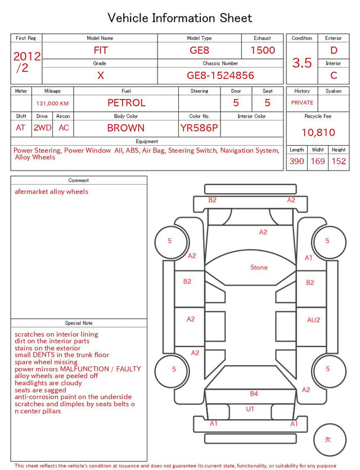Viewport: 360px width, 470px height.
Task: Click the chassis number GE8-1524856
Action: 220,75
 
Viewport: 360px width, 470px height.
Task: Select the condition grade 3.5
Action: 302,62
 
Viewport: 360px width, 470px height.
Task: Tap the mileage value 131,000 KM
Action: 52,104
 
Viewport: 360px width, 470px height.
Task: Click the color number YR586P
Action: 199,128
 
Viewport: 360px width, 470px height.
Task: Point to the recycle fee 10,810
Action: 318,132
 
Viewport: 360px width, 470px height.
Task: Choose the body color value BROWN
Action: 126,128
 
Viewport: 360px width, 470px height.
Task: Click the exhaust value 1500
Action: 263,50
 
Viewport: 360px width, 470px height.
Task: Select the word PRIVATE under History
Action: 302,102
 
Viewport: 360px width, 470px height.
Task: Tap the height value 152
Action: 339,161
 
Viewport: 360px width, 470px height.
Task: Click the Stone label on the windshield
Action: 259,267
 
